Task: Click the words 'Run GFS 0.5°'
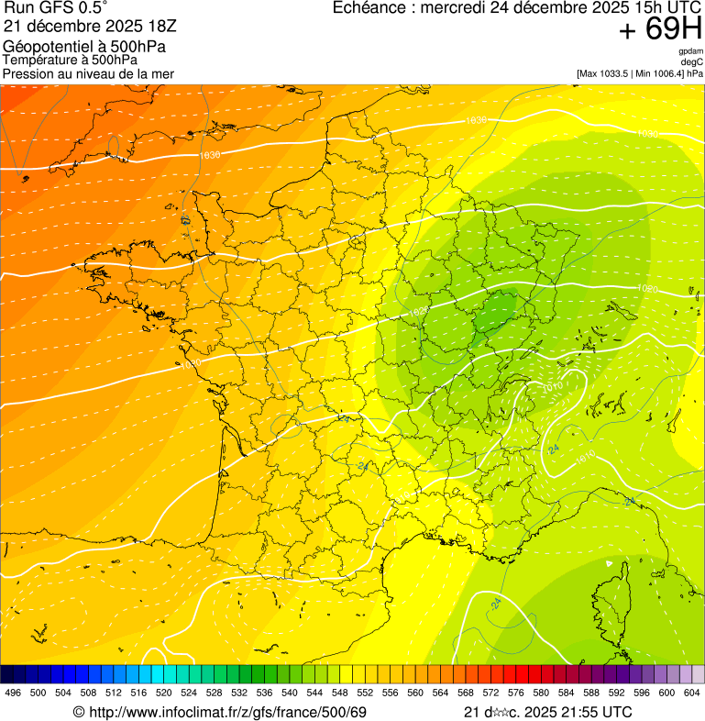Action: (56, 7)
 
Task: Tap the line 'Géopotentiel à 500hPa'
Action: (84, 46)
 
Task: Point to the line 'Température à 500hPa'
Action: (70, 60)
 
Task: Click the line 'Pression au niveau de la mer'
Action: (88, 73)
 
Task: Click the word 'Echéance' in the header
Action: (369, 7)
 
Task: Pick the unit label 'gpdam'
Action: (690, 51)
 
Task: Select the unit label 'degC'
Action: (693, 62)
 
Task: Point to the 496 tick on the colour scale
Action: (13, 693)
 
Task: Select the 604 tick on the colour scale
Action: (693, 693)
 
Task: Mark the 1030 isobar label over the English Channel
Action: (210, 155)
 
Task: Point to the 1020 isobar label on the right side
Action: (647, 289)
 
